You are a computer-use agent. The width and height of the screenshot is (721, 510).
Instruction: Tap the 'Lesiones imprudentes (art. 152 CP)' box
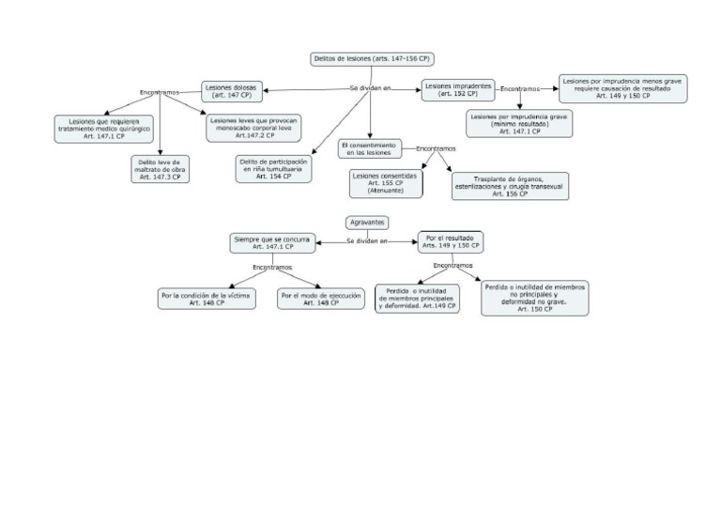458,89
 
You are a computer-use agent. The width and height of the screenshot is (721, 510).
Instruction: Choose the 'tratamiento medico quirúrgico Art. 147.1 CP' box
97,128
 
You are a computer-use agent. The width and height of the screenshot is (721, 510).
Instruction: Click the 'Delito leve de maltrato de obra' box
160,168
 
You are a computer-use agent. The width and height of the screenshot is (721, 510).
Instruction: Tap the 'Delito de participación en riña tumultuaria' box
273,168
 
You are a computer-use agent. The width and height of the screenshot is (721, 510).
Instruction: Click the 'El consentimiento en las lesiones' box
370,148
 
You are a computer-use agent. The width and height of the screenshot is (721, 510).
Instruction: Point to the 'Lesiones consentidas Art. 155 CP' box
385,183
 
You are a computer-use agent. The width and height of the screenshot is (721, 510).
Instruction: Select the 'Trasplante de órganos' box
511,185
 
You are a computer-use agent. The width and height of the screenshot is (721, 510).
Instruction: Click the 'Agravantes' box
367,223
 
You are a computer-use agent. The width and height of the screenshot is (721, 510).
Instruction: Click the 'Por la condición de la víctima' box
205,299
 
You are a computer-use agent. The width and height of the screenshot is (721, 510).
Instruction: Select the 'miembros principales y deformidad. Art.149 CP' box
417,299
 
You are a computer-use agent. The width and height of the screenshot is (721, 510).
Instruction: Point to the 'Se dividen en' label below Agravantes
367,241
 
